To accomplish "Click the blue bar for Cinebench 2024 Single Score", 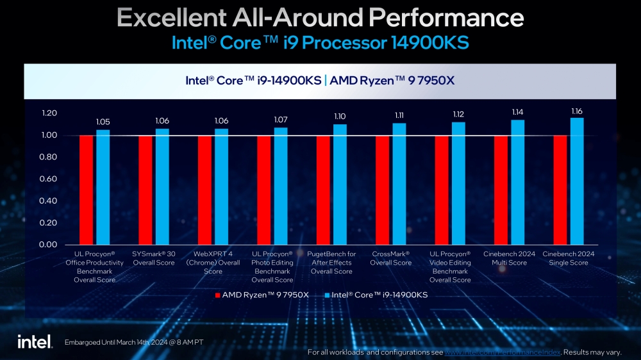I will [577, 181].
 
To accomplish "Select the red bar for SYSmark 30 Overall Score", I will [146, 190].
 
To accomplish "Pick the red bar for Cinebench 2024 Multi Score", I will [501, 190].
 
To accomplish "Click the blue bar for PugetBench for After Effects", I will [340, 184].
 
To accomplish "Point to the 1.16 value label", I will [577, 111].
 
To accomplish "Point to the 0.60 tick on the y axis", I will [49, 179].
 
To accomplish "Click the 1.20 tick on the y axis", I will [49, 113].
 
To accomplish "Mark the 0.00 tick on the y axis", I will [49, 245].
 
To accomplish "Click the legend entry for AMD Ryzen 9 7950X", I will [262, 295].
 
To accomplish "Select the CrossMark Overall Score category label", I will [391, 258].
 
